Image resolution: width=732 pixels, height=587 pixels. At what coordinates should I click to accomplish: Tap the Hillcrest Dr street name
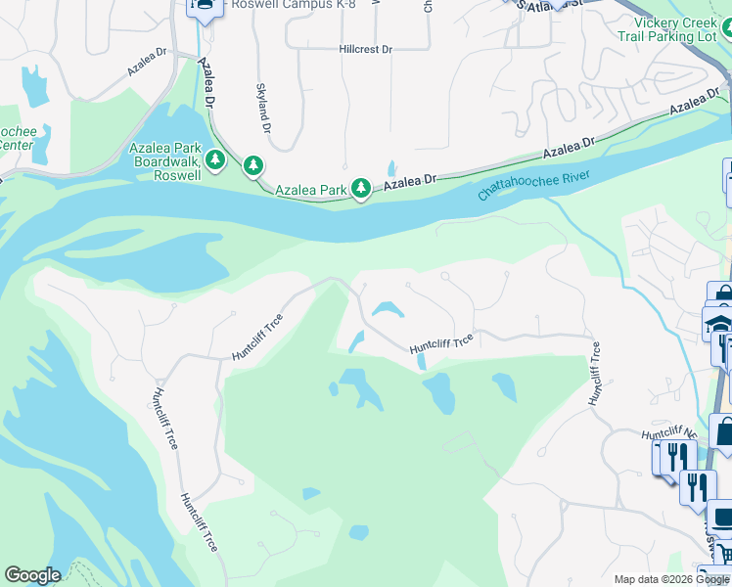point(365,49)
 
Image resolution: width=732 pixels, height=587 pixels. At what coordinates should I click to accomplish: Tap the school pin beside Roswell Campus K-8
point(204,6)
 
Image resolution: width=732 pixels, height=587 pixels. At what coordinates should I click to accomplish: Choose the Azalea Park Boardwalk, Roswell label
point(165,161)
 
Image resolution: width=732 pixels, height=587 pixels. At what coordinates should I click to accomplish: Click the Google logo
point(31,575)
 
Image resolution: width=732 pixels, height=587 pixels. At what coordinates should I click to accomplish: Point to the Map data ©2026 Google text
point(670,579)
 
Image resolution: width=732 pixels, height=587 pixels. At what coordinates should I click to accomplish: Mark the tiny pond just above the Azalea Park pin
point(392,167)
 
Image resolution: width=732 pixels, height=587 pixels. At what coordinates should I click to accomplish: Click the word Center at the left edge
point(16,146)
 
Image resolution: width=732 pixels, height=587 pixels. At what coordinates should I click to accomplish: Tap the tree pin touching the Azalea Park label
point(361,187)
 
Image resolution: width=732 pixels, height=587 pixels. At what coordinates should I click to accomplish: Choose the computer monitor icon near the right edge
point(720,516)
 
